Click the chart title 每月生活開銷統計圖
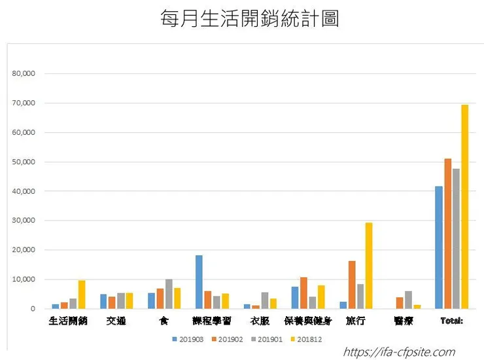[250, 19]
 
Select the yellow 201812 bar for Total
[464, 206]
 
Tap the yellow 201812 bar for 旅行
[369, 266]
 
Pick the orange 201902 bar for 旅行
[352, 285]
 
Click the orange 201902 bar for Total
[447, 234]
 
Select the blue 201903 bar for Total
[439, 247]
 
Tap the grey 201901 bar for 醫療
[408, 300]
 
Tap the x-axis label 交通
[116, 321]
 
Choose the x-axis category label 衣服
[260, 321]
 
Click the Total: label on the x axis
[452, 321]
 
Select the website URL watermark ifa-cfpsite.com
[398, 353]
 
